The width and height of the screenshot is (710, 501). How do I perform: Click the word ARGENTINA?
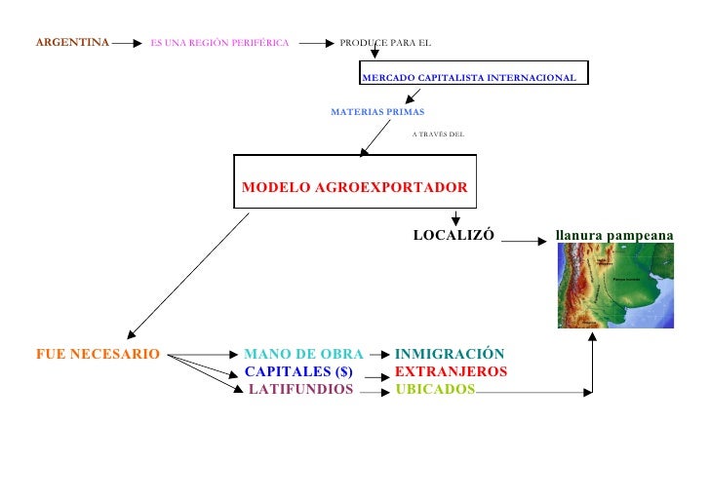72,43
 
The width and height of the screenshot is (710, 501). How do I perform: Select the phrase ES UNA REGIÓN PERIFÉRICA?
219,43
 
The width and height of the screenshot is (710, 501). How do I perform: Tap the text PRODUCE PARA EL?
385,43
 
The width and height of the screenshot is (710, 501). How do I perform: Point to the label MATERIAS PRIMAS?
377,112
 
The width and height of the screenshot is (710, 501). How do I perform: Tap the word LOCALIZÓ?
454,236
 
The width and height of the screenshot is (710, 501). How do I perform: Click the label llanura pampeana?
613,236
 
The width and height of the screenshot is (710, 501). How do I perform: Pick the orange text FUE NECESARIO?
98,355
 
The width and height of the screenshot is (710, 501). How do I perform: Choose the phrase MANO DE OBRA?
303,355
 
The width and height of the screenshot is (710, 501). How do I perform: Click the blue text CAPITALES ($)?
297,372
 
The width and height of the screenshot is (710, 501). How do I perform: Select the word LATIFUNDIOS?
300,390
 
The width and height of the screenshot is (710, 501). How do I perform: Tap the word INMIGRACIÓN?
450,355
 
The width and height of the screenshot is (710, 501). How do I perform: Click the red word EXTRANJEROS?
451,372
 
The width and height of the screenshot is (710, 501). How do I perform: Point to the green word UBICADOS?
435,390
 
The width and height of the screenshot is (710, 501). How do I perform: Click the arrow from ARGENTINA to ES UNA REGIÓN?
128,43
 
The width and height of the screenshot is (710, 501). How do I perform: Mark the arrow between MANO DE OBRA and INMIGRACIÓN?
379,356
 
